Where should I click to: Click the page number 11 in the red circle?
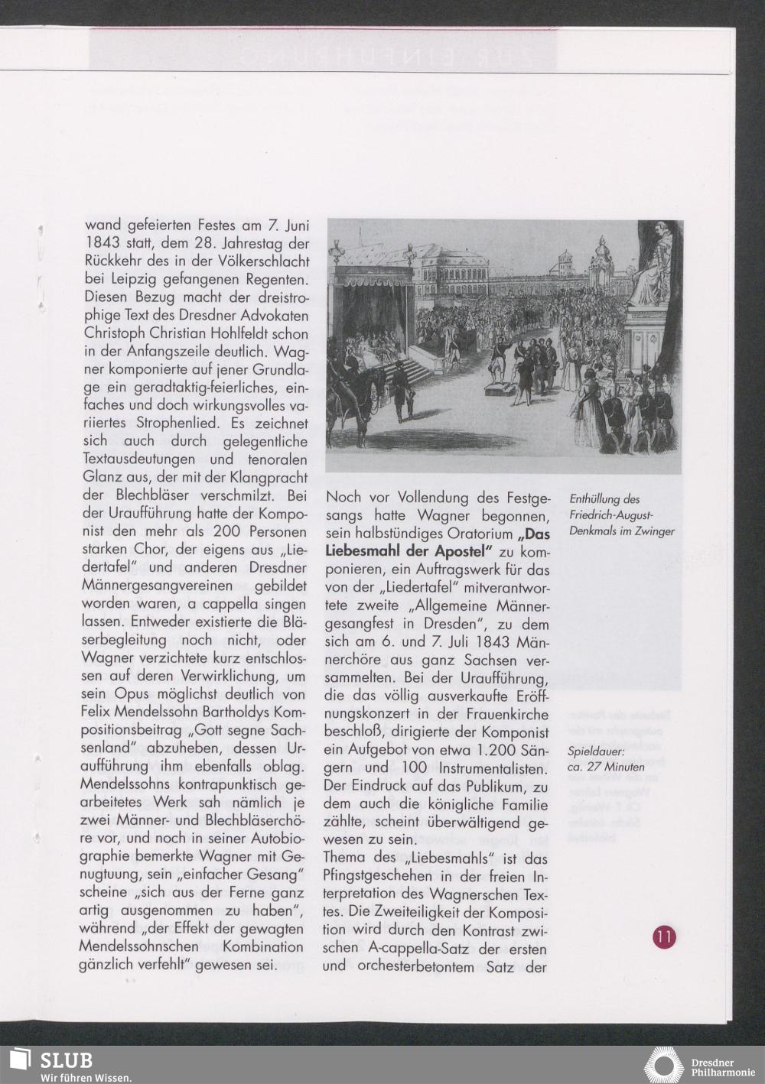663,937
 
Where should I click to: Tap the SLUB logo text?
67,1060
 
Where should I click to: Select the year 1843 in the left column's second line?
103,244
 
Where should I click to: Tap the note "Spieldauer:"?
597,751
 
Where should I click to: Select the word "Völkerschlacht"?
258,261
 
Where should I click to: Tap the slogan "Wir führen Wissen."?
86,1078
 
